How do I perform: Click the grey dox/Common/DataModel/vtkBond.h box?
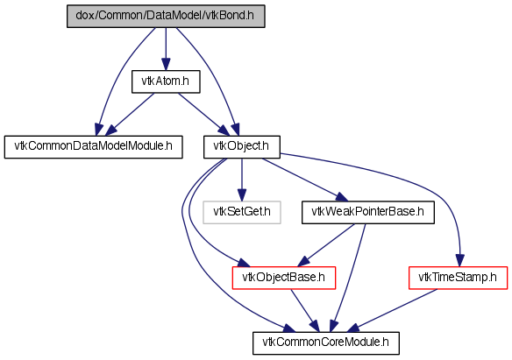166,16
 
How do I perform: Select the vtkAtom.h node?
166,81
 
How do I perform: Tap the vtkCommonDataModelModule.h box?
94,147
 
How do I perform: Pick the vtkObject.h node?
242,147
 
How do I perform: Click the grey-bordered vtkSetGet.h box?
242,212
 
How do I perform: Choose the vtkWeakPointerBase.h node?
368,212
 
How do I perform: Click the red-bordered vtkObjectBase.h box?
284,278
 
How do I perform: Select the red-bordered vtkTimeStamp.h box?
459,278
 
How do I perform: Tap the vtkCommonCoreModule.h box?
326,343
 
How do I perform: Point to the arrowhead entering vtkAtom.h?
166,65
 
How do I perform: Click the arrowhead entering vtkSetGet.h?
242,195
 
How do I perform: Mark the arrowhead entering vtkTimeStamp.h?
459,260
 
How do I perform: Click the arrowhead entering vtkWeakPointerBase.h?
342,197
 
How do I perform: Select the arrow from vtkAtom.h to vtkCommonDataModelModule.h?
130,114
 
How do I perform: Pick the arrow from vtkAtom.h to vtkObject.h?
203,114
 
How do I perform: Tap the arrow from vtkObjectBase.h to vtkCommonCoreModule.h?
305,310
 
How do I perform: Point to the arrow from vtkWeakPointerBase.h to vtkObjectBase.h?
326,245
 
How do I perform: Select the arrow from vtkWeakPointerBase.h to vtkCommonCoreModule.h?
347,278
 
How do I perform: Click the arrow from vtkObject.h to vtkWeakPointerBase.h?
305,180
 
